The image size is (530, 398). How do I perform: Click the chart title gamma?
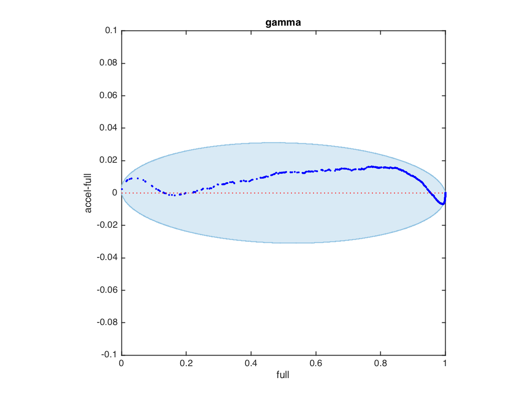283,23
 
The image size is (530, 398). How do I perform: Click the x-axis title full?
283,375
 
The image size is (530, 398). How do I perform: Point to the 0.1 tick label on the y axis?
111,31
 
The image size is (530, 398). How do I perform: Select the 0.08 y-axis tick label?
108,63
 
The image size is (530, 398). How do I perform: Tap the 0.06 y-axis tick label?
108,96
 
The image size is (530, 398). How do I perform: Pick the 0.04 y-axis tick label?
108,128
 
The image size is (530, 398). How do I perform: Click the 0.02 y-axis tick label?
108,161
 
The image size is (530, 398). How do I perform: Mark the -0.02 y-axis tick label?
107,226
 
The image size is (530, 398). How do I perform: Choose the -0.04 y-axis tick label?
107,258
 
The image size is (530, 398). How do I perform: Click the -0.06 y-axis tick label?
107,290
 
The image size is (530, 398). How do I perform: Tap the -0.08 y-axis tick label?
107,322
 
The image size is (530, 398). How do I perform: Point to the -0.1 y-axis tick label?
110,355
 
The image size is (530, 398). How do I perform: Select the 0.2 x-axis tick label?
186,364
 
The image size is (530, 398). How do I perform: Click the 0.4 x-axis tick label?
251,364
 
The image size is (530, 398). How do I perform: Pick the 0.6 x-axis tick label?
315,364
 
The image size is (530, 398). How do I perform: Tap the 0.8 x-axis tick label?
380,364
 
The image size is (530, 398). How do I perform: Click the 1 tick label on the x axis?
445,364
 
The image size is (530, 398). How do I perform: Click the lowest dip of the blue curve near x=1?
442,204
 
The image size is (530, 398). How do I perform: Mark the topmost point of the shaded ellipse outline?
269,143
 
